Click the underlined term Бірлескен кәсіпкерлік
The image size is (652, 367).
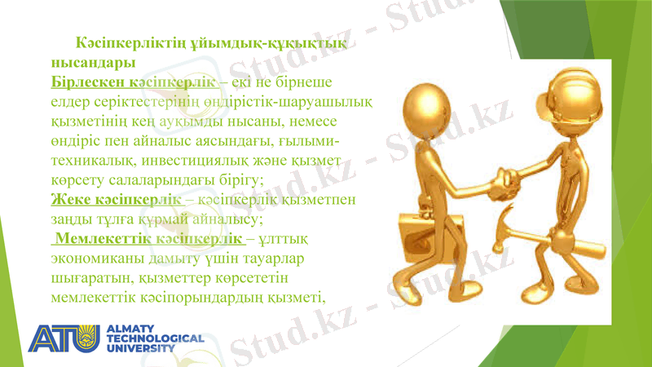pos(133,82)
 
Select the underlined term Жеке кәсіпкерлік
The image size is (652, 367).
pos(117,200)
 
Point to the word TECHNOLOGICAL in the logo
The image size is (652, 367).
pos(155,338)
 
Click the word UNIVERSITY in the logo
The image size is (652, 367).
pos(141,347)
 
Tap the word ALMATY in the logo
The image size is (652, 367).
pos(131,328)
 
